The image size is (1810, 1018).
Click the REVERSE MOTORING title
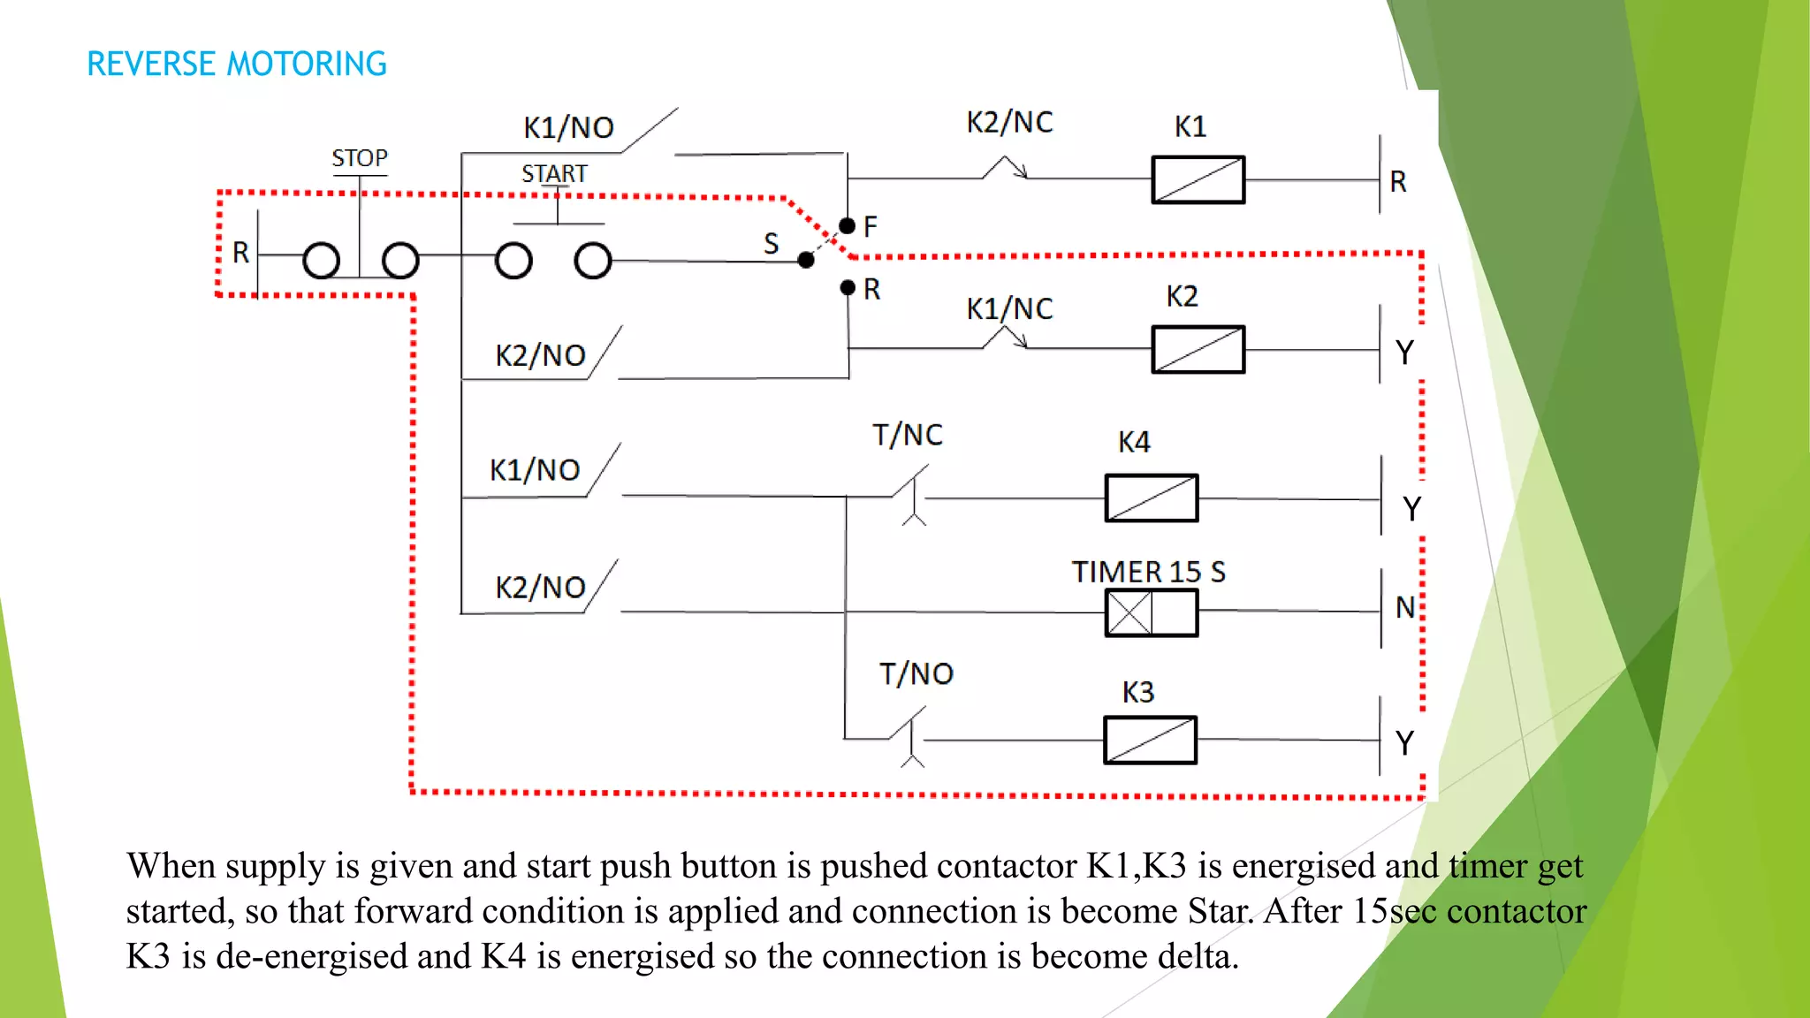236,64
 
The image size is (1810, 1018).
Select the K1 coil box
1198,179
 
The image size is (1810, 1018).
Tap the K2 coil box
1198,349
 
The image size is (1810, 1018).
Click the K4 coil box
1151,498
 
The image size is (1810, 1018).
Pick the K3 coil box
1150,740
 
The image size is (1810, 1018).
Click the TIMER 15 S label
1148,572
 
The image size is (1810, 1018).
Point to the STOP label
359,158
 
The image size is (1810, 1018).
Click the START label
554,173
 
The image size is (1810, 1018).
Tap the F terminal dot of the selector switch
847,226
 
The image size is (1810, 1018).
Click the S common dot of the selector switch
805,260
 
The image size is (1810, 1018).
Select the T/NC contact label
907,435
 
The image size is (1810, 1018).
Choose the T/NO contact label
916,674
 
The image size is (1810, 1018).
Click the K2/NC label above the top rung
1009,122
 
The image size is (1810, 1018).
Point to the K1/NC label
1009,308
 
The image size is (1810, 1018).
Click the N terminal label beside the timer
1404,607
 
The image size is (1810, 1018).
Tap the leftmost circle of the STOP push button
321,261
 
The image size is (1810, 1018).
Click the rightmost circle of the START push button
592,261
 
